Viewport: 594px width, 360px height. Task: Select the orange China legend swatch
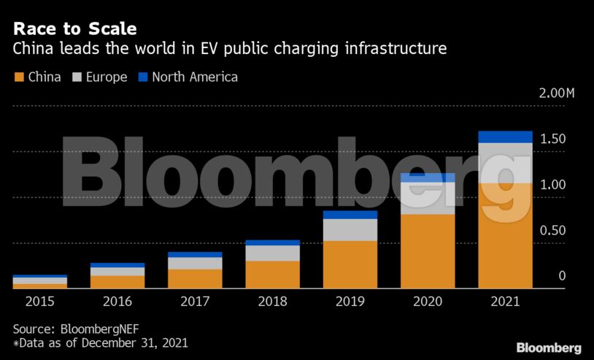tap(19, 77)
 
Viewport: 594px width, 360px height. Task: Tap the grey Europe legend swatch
tap(77, 77)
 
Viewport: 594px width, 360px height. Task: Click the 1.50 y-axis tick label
tap(552, 139)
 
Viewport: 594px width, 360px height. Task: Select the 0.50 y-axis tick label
tap(552, 231)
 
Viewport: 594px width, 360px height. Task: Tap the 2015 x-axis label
tap(39, 300)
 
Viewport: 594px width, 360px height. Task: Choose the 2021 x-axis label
tap(505, 300)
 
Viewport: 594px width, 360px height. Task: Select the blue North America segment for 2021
tap(505, 137)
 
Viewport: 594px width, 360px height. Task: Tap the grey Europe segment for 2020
tap(428, 198)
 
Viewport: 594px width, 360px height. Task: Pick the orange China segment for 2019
tap(350, 264)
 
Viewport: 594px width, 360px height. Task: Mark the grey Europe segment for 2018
tap(272, 253)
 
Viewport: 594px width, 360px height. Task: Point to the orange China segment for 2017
tap(195, 278)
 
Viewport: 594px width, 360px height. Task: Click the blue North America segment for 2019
tap(350, 215)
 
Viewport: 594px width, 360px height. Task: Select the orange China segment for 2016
tap(117, 281)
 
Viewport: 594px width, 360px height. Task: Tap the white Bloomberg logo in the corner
tap(549, 348)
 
